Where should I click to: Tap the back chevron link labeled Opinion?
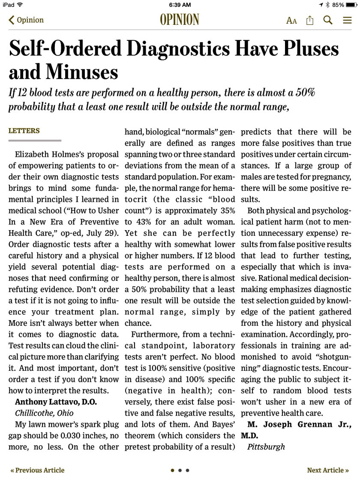click(26, 20)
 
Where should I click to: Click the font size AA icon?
click(291, 20)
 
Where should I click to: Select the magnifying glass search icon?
click(328, 20)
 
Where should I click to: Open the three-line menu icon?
click(347, 20)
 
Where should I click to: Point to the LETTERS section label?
click(24, 131)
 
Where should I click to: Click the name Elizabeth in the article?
click(35, 154)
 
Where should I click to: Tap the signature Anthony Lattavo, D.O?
click(56, 402)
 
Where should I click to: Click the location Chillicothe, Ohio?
click(44, 414)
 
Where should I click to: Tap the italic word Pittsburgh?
click(266, 447)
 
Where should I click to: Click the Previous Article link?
click(38, 470)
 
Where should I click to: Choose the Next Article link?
click(328, 470)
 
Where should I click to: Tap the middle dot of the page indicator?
click(180, 470)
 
